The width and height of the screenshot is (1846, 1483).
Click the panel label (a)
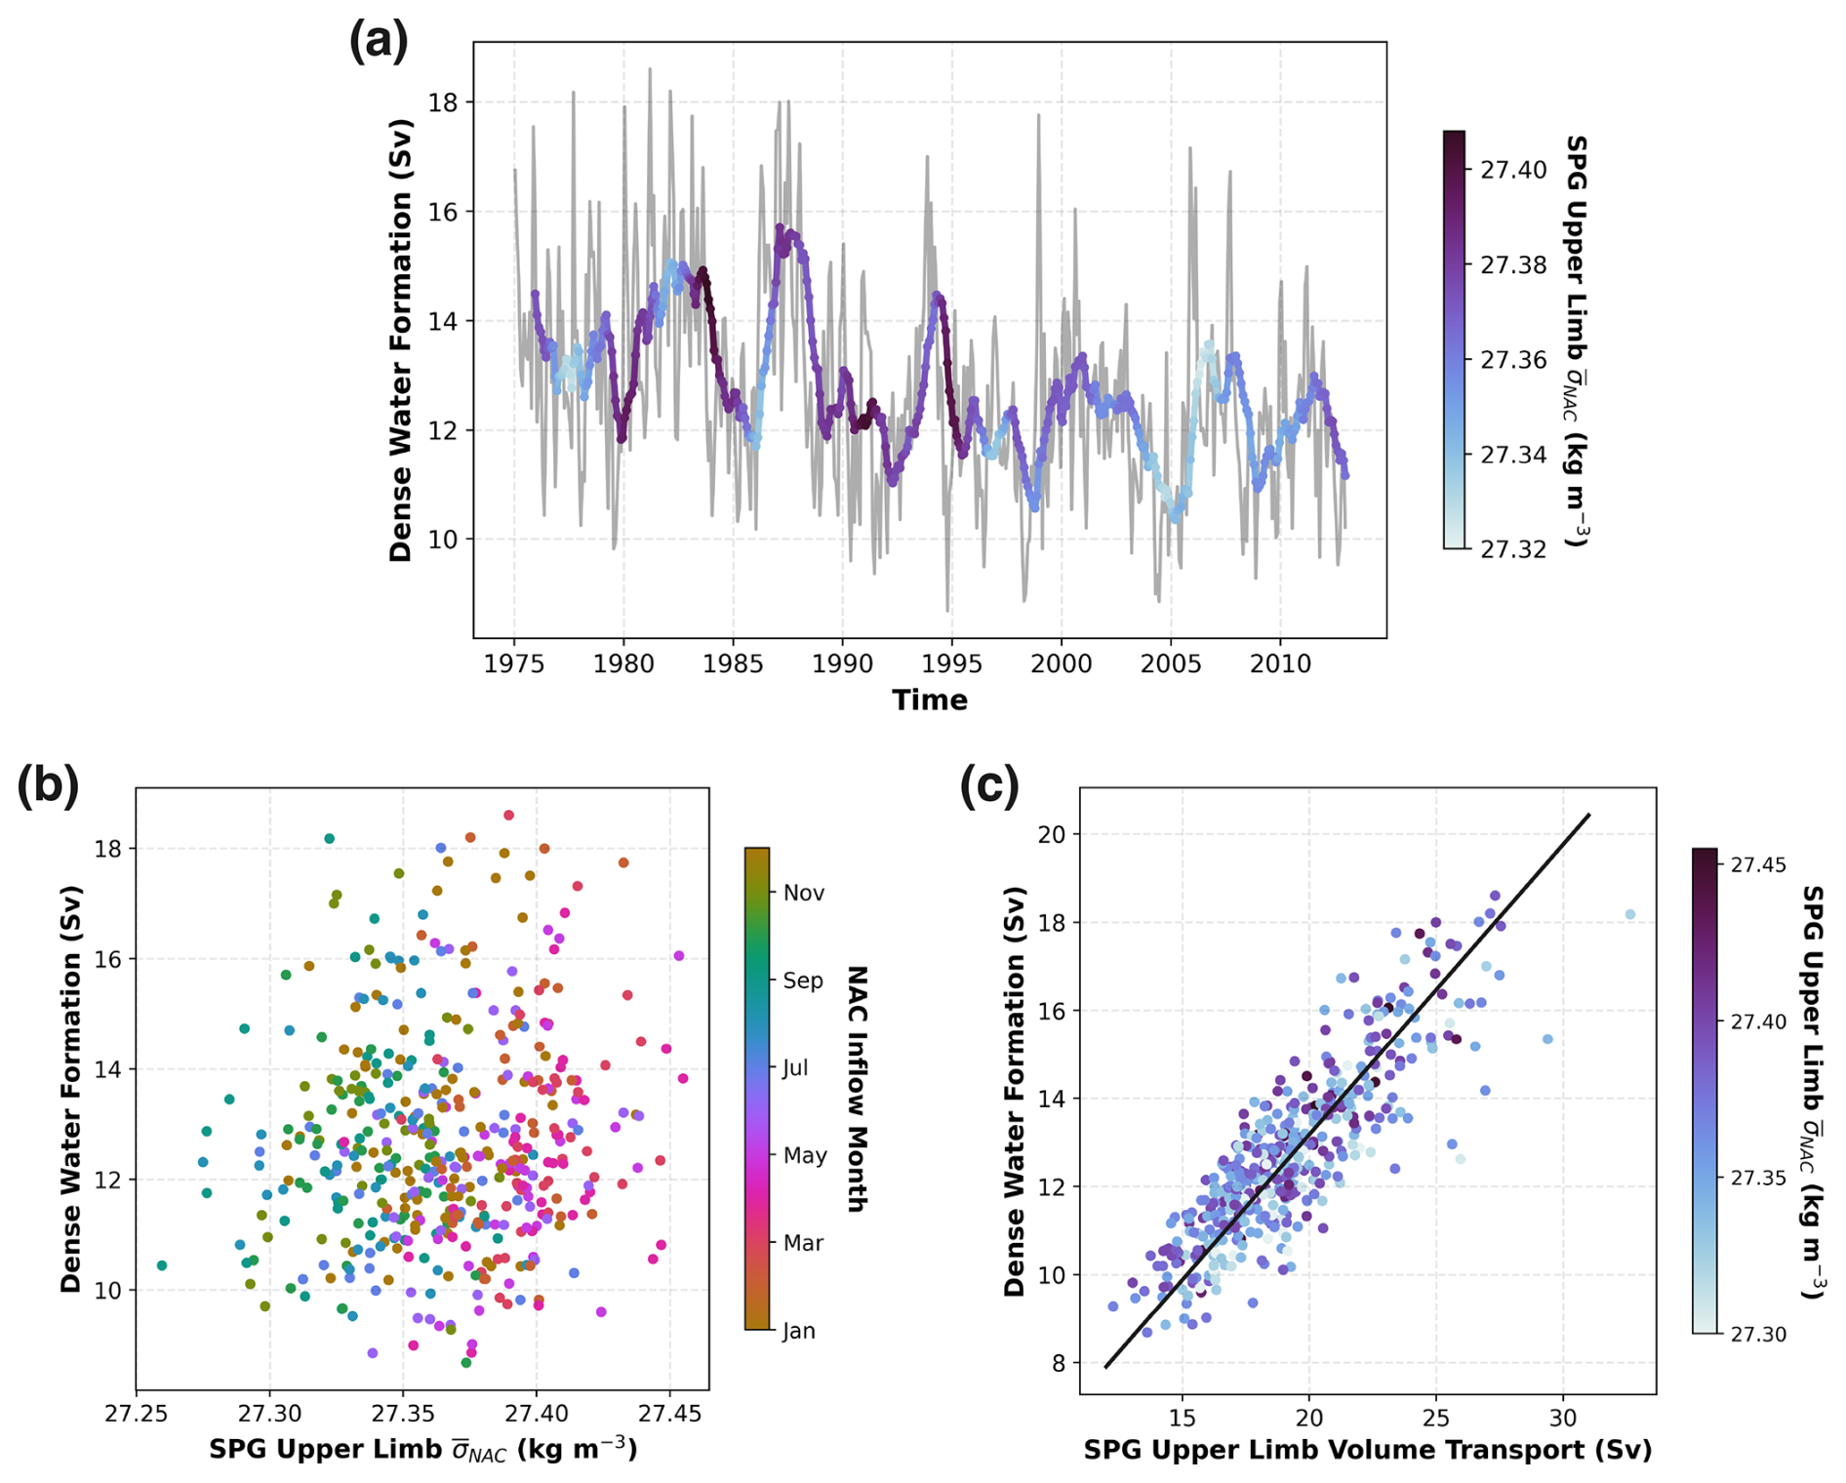[x=379, y=43]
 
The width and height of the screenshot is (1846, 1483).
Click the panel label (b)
[x=48, y=786]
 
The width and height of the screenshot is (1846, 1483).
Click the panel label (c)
[x=989, y=786]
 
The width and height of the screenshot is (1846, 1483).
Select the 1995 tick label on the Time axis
[x=951, y=664]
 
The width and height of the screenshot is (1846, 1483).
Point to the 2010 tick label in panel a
[x=1280, y=664]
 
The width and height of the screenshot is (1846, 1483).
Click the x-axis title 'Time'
[x=929, y=701]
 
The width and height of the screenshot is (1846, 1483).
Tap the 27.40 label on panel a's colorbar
[x=1513, y=171]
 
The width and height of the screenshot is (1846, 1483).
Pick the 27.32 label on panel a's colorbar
[x=1513, y=550]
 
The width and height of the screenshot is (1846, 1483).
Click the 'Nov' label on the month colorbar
[x=804, y=893]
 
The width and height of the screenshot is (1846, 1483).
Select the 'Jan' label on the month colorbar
[x=799, y=1331]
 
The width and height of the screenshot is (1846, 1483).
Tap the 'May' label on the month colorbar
[x=805, y=1156]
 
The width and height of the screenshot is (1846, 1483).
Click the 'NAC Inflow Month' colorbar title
[x=857, y=1089]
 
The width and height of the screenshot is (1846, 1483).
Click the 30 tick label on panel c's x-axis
[x=1563, y=1417]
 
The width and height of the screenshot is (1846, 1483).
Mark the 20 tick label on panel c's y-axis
[x=1052, y=835]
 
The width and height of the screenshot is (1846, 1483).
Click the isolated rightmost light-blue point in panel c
[x=1630, y=914]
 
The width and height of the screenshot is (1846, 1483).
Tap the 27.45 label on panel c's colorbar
[x=1758, y=865]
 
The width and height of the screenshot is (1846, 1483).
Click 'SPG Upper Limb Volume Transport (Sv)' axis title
[x=1367, y=1451]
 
